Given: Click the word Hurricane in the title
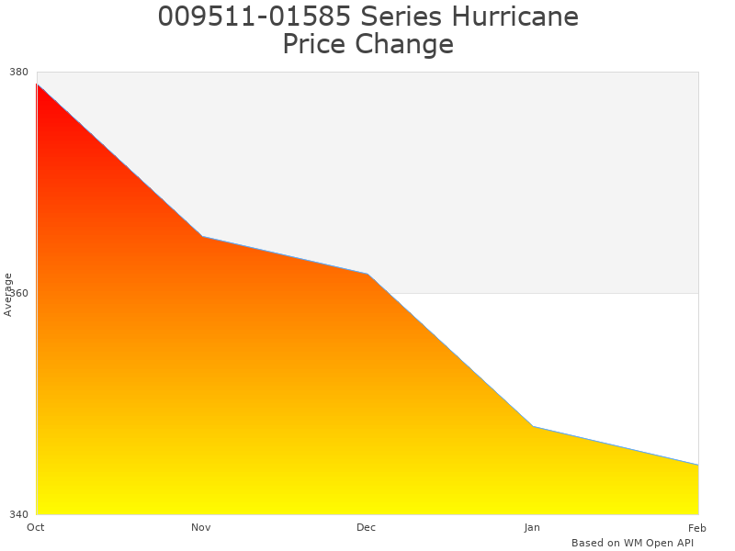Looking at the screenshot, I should (515, 17).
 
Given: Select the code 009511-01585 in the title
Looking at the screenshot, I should (252, 17).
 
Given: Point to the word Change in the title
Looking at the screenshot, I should (404, 44).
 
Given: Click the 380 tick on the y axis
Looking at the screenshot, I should (19, 72).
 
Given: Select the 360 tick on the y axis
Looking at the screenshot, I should (19, 294).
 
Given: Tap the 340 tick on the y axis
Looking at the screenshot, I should (19, 514).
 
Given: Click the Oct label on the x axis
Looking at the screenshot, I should (36, 527).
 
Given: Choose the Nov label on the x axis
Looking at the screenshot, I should (201, 527).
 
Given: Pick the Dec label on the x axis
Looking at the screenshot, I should (367, 527).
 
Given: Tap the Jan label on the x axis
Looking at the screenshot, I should (532, 527).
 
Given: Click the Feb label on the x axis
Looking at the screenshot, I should (697, 527).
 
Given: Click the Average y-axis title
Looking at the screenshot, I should (8, 294).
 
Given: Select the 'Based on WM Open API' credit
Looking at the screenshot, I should (632, 543).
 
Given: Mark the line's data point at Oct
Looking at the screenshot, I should (37, 84).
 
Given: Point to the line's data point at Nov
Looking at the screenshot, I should (202, 236).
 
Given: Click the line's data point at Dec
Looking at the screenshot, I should (367, 274).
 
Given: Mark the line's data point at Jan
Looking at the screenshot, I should (533, 426).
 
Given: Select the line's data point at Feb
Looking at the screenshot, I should (698, 465).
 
